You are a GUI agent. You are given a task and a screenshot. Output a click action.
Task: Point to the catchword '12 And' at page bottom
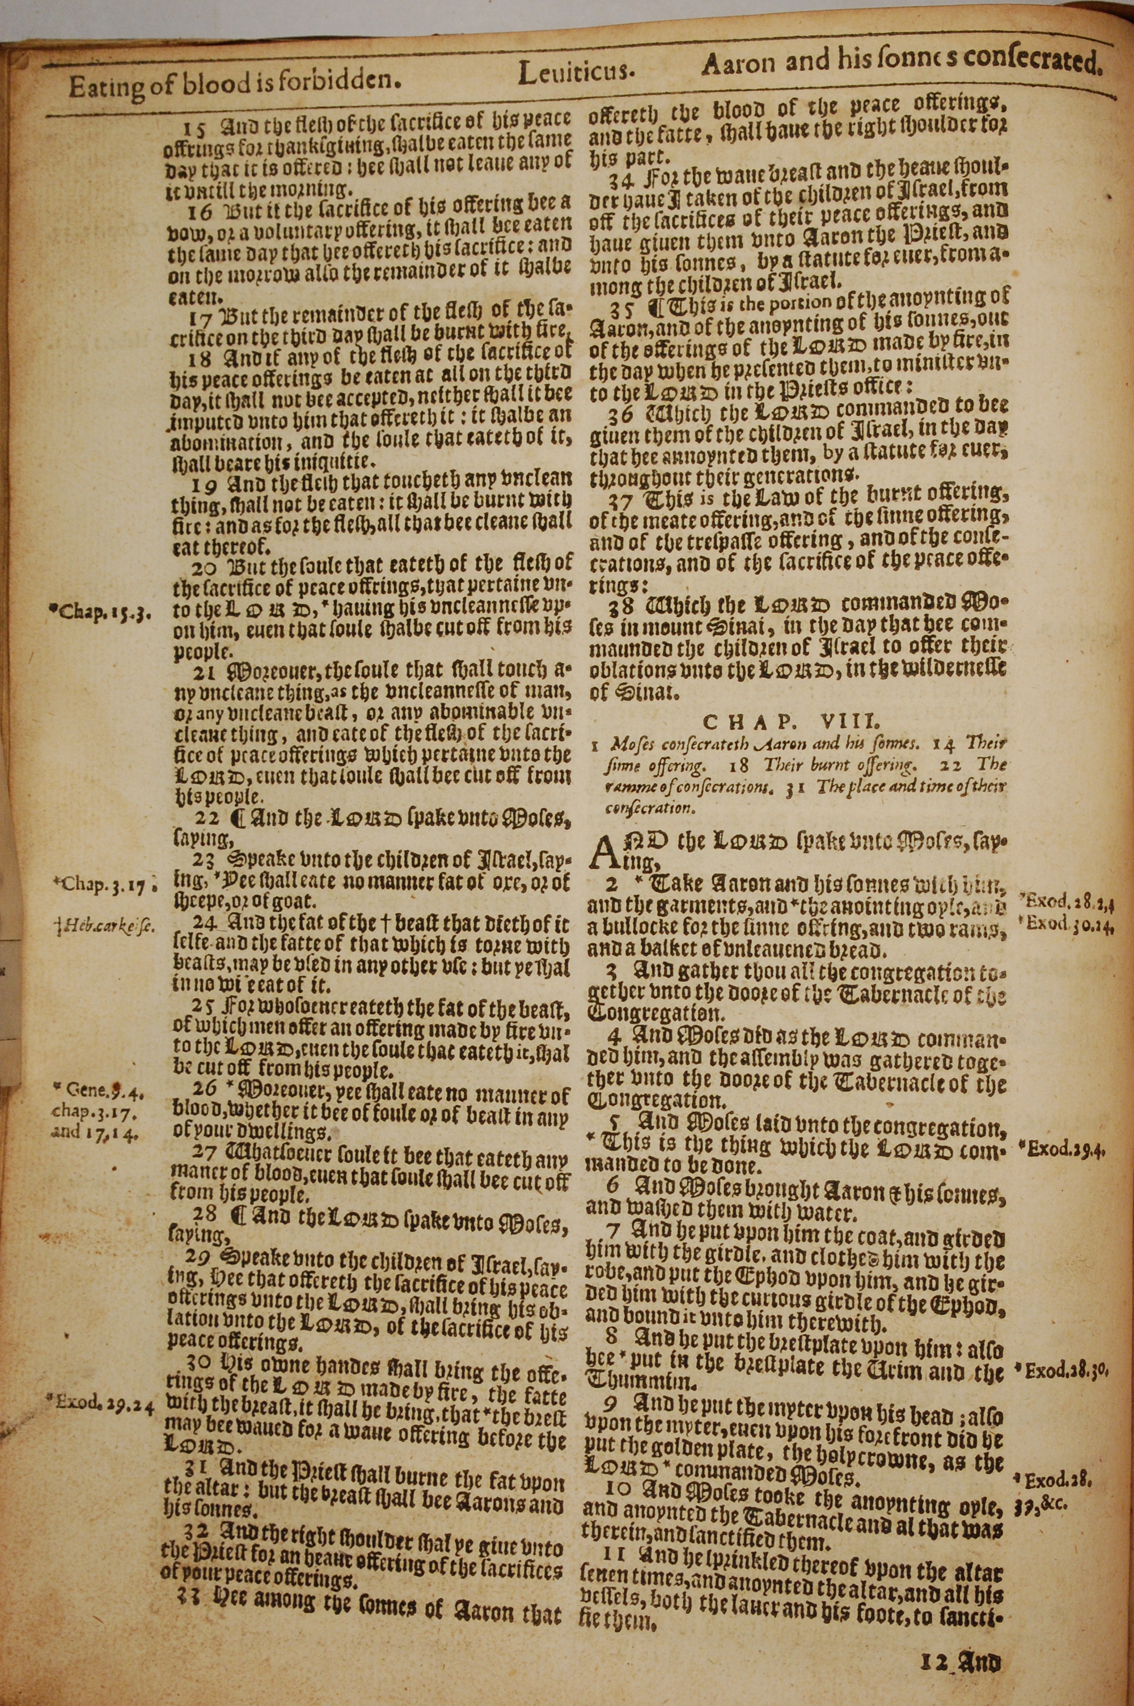point(961,1640)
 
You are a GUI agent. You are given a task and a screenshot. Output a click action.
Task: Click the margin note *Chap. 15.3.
point(99,613)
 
